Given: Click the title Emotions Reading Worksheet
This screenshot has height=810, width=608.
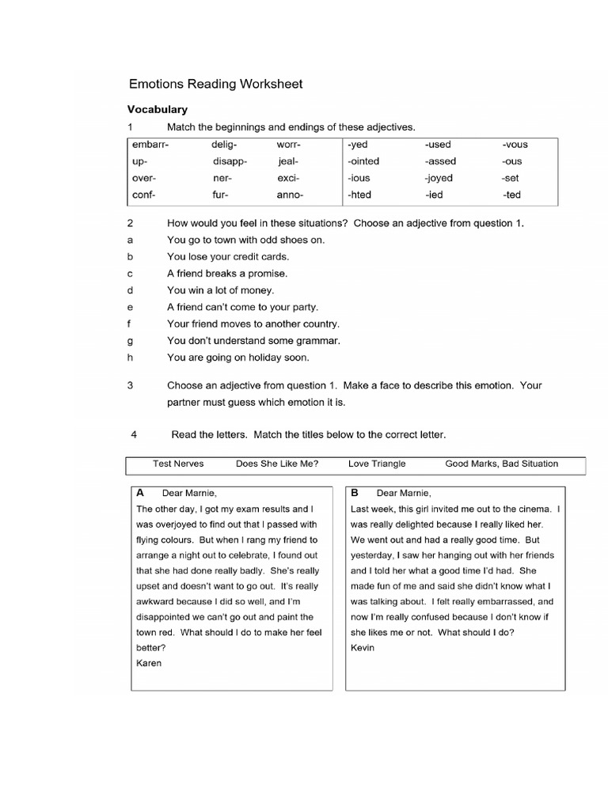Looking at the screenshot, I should pyautogui.click(x=215, y=83).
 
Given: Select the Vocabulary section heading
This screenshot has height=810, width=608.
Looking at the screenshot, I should pyautogui.click(x=158, y=109).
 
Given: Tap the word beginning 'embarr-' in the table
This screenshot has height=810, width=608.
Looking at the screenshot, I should pyautogui.click(x=150, y=145).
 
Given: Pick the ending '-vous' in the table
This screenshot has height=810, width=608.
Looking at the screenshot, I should pyautogui.click(x=515, y=145).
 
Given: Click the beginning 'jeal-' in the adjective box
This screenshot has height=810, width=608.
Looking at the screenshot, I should pyautogui.click(x=287, y=161).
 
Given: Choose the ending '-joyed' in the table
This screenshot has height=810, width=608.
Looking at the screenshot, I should pyautogui.click(x=439, y=178).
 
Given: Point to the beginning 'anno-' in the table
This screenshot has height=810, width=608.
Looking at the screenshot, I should pyautogui.click(x=290, y=195).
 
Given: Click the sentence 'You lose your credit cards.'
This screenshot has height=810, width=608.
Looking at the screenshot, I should pyautogui.click(x=228, y=257).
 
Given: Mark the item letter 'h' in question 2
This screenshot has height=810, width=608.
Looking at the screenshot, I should pyautogui.click(x=130, y=358).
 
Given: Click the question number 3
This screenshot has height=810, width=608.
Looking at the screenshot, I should pyautogui.click(x=130, y=386).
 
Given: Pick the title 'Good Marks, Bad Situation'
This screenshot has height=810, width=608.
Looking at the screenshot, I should pyautogui.click(x=501, y=464).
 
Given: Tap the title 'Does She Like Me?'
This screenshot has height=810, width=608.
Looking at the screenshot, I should pyautogui.click(x=277, y=464).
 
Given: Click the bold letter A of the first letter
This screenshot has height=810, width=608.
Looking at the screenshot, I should pyautogui.click(x=140, y=492).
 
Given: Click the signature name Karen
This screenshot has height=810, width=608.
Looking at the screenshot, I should pyautogui.click(x=149, y=663).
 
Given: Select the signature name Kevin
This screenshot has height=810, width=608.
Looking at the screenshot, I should pyautogui.click(x=363, y=648).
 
